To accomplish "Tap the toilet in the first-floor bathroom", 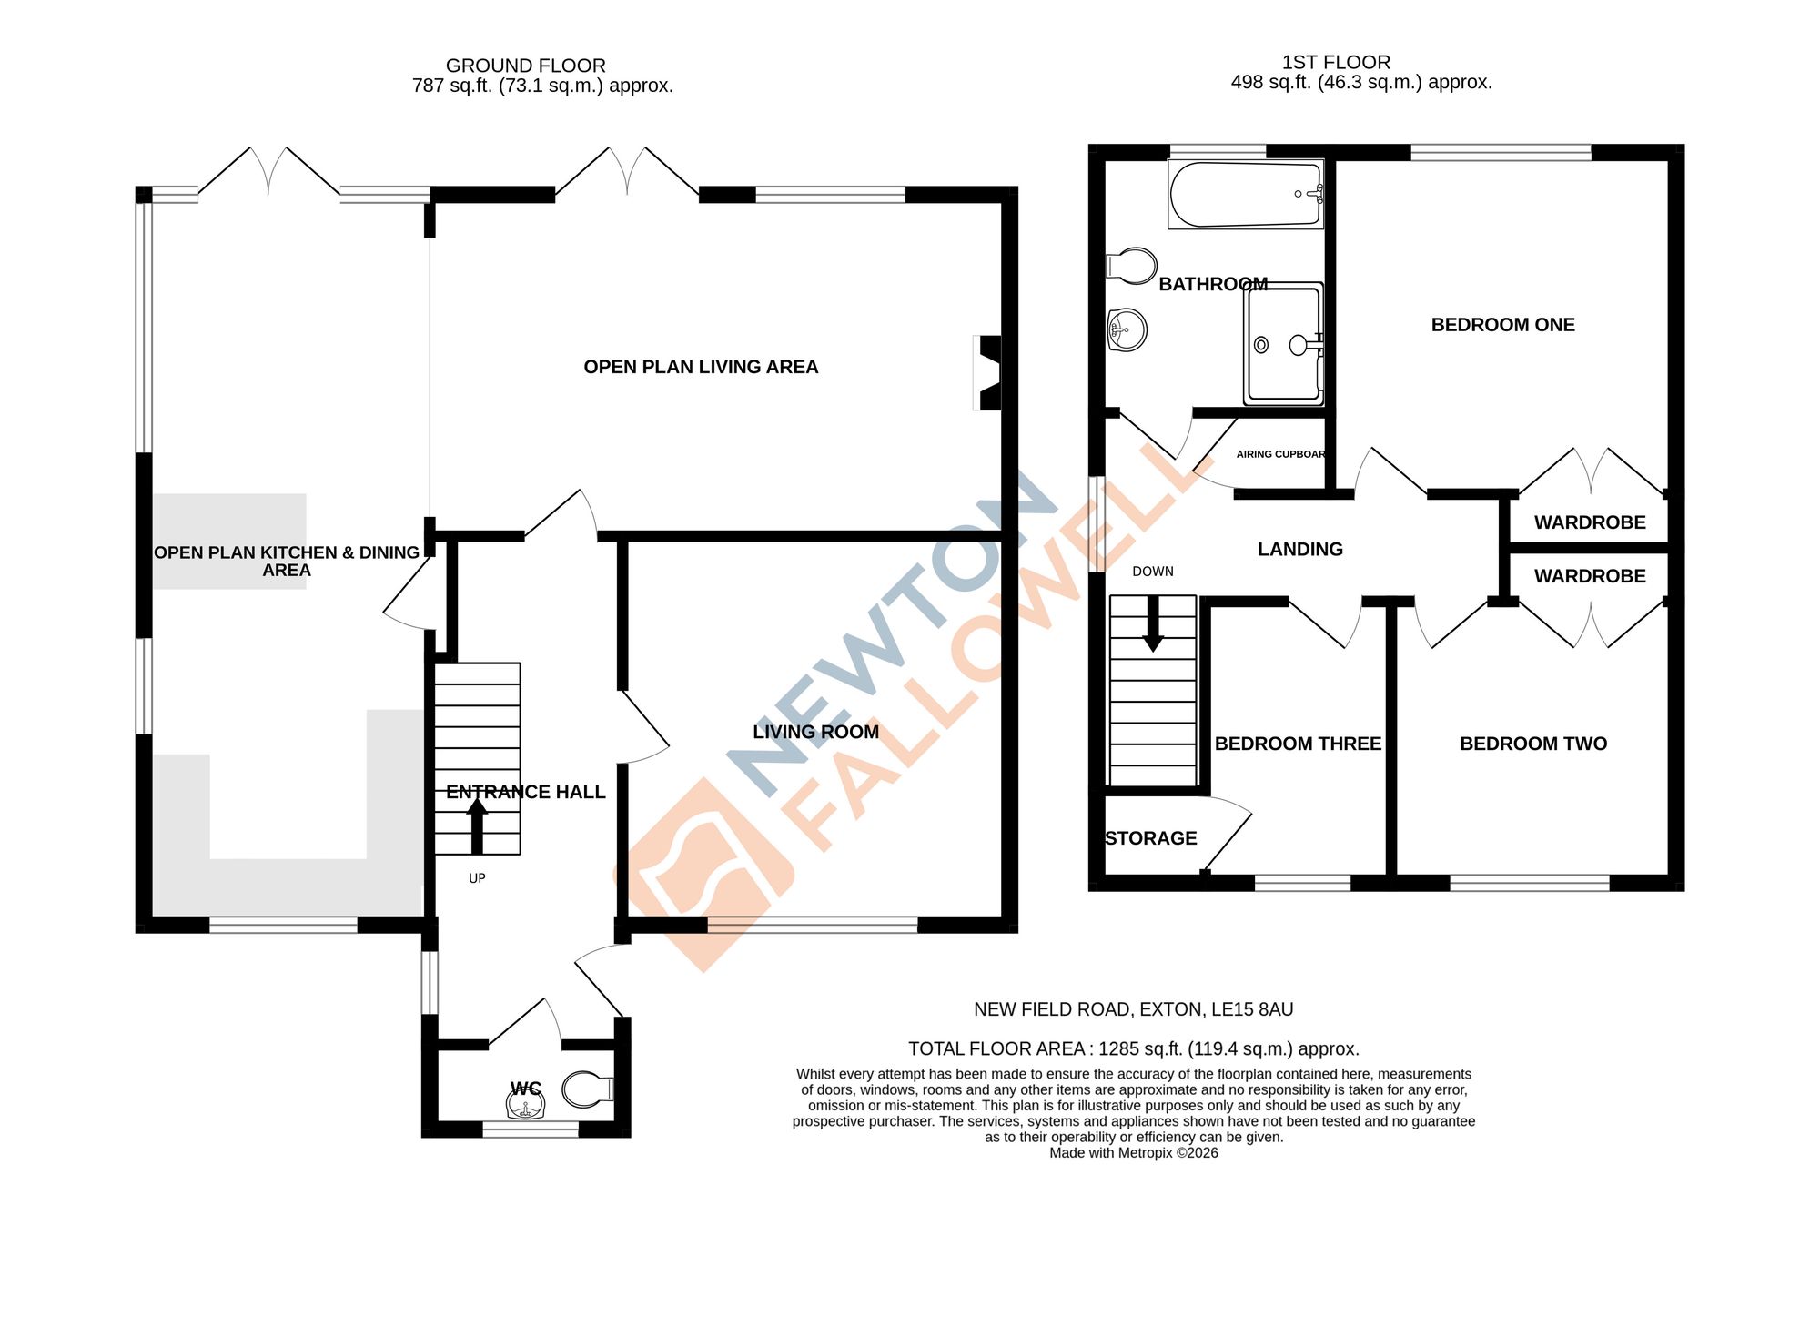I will point(1130,266).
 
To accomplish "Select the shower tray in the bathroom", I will point(1283,344).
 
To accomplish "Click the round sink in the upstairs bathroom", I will point(1127,329).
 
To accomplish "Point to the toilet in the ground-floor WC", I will point(588,1089).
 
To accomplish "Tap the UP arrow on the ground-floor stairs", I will point(477,825).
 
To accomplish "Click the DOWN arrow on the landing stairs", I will point(1153,624).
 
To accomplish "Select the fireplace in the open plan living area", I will point(989,372).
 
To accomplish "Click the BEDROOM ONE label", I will point(1502,325).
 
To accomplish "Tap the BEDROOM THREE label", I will point(1298,744).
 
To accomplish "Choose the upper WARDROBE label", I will point(1590,522).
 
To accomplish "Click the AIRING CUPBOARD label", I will point(1280,454).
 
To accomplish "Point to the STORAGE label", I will point(1150,838).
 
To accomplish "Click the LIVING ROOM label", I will point(815,732).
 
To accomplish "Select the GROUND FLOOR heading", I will point(525,66).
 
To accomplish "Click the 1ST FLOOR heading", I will point(1336,62).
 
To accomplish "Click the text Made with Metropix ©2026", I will point(1133,1153).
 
